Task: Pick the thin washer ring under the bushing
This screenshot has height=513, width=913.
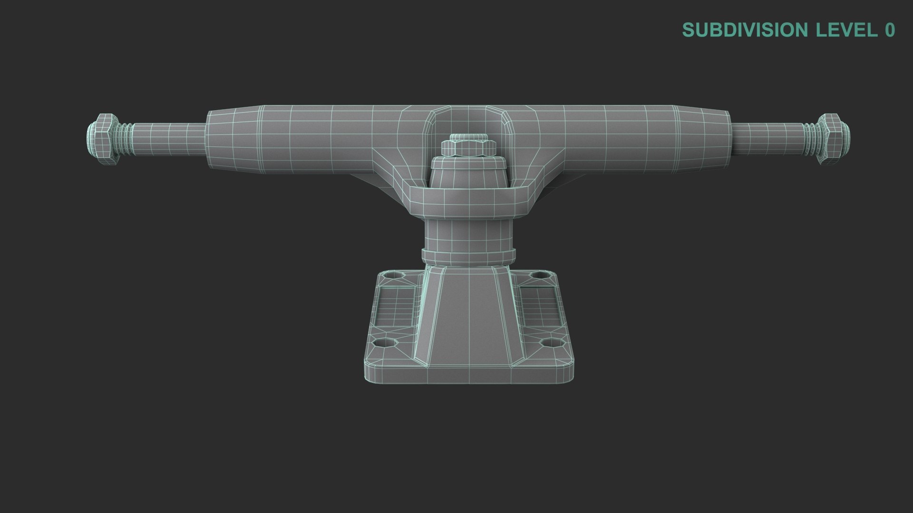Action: (468, 256)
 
